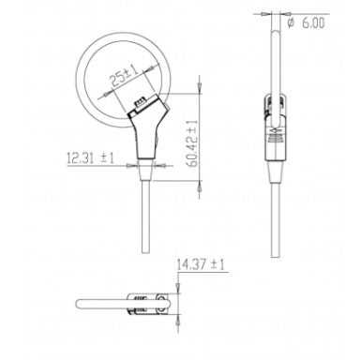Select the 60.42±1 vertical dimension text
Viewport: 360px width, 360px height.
193,143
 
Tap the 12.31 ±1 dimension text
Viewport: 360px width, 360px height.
90,157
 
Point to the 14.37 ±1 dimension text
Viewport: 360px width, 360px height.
201,265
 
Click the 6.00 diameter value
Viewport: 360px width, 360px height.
313,23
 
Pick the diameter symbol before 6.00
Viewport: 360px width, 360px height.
291,22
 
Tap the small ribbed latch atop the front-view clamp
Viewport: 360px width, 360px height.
140,102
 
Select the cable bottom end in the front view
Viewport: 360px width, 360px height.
145,252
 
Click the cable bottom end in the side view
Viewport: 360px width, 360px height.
276,256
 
